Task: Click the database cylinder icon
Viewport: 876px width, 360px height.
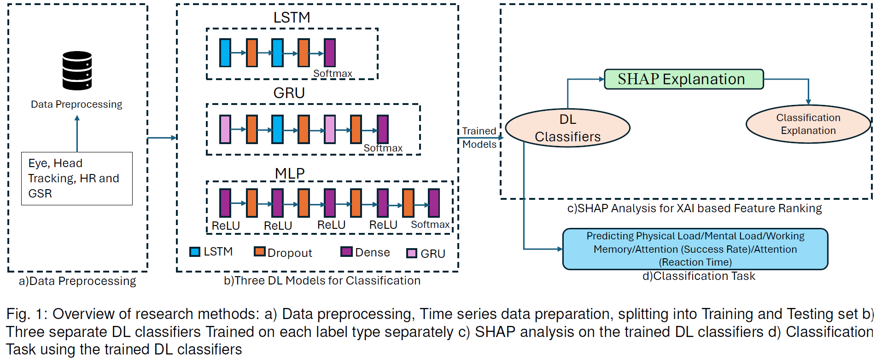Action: click(x=77, y=70)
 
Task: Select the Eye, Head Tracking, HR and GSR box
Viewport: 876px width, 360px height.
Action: click(x=77, y=178)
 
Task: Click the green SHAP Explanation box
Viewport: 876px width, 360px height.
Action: click(x=683, y=79)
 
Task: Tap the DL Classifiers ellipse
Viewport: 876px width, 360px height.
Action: click(x=567, y=128)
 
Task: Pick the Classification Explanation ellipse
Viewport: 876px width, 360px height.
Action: click(x=808, y=124)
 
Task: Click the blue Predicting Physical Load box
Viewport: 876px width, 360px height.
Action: click(x=695, y=249)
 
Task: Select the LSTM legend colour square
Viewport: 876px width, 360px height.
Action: click(x=195, y=252)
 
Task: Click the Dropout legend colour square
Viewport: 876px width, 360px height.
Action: click(x=260, y=252)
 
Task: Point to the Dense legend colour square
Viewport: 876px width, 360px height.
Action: click(x=346, y=252)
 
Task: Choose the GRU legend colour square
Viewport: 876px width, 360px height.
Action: click(x=411, y=253)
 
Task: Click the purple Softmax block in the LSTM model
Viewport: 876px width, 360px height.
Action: click(x=330, y=53)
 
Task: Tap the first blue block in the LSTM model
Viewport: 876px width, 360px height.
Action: click(x=225, y=53)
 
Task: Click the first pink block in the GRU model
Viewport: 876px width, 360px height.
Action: click(x=225, y=129)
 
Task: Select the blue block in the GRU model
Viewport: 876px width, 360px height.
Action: click(x=277, y=129)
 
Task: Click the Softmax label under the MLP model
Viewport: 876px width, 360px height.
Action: click(x=430, y=225)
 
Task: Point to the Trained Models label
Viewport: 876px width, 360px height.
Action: click(x=479, y=138)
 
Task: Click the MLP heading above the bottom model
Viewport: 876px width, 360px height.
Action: click(x=290, y=174)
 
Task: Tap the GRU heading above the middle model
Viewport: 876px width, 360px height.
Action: click(x=289, y=93)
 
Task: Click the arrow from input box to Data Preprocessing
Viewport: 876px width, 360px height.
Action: click(x=77, y=134)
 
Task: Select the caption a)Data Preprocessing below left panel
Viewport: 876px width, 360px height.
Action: click(x=77, y=281)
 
